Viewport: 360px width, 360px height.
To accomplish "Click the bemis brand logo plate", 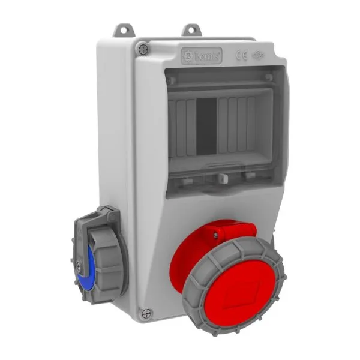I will (202, 56).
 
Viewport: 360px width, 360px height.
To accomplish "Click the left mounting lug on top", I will (124, 28).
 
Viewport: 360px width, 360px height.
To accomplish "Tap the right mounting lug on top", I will (191, 28).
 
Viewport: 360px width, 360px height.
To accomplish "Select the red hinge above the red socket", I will (232, 232).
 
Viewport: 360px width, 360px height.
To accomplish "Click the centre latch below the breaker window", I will (223, 178).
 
